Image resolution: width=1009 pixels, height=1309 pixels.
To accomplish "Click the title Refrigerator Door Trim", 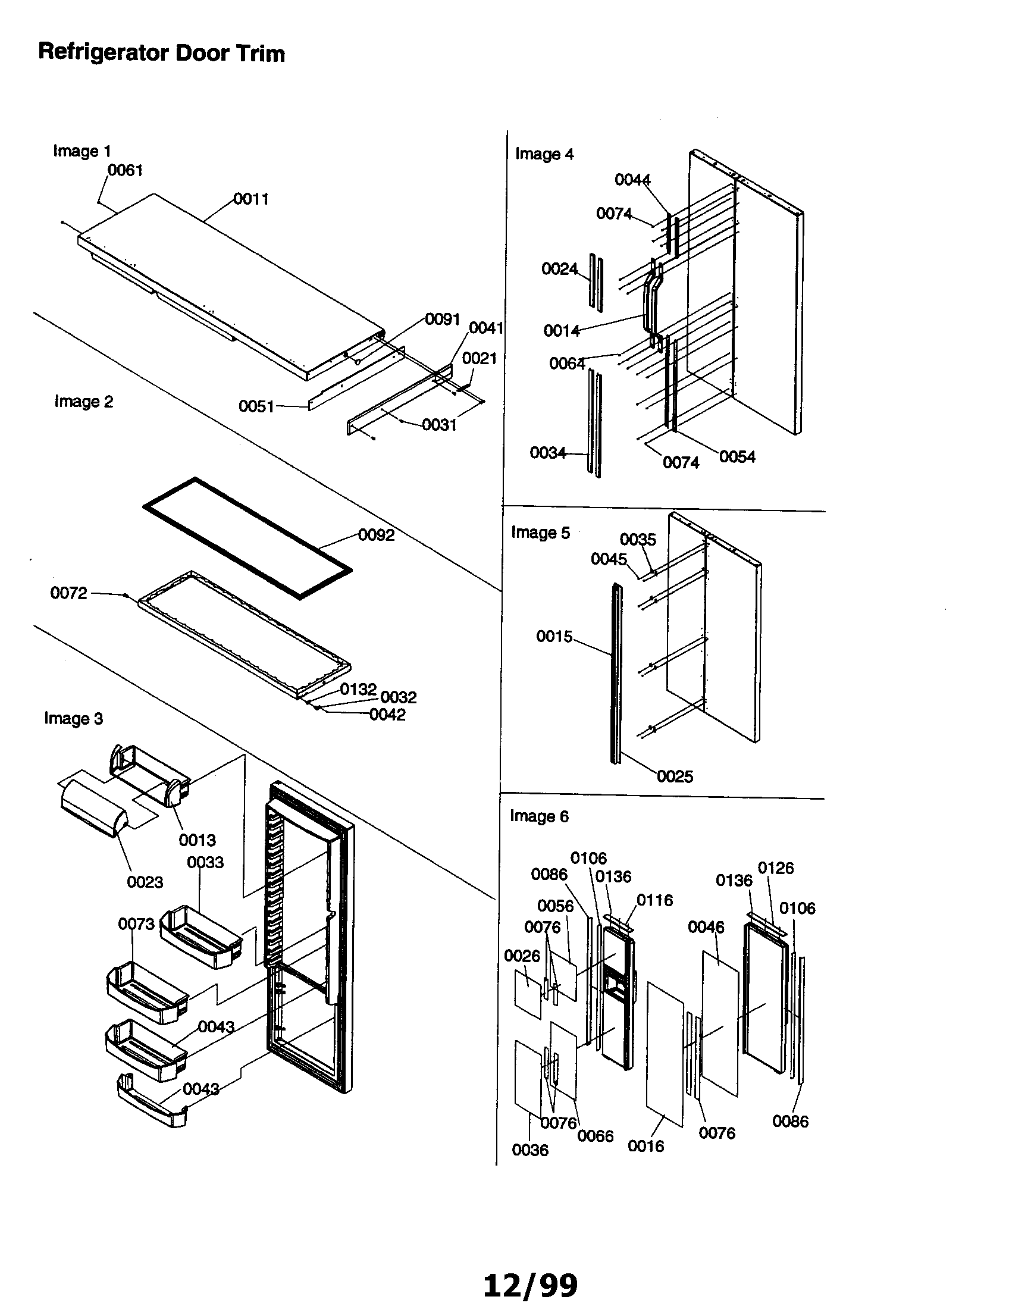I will (x=161, y=53).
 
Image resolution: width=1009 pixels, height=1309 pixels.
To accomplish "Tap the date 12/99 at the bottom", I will (x=530, y=1285).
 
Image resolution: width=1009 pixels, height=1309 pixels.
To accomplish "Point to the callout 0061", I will (x=124, y=170).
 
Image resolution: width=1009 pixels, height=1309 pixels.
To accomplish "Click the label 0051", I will (x=256, y=406).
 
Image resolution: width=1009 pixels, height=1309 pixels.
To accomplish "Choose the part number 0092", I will (x=376, y=535).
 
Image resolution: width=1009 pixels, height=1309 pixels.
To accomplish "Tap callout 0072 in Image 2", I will (x=68, y=593).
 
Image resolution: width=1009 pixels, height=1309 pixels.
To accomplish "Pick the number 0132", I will (x=358, y=689).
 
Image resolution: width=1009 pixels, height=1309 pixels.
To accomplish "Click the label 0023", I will (x=145, y=882).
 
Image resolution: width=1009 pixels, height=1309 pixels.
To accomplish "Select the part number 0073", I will (x=136, y=923).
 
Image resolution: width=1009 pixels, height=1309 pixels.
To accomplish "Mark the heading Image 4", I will (x=544, y=154).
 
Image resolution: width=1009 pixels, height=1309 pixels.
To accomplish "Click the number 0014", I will (x=562, y=330).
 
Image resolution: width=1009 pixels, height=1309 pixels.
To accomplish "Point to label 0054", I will (x=737, y=457).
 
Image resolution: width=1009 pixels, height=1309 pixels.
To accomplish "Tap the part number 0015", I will (x=554, y=636).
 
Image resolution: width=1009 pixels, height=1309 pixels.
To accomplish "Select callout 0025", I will (x=675, y=776).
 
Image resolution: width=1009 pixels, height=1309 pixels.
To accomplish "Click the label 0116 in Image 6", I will (x=654, y=900).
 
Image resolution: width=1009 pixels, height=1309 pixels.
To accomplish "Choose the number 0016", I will (x=645, y=1146).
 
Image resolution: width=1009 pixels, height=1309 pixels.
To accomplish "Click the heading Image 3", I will (x=73, y=718).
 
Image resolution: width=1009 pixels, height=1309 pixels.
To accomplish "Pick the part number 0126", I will (x=775, y=868).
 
